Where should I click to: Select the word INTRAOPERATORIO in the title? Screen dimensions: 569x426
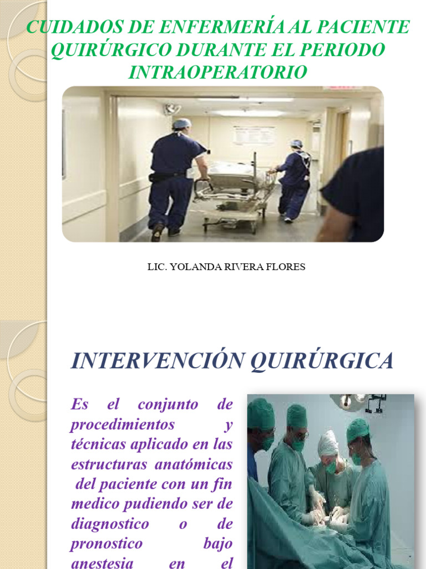point(217,72)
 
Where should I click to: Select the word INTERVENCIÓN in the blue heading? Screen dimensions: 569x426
point(158,361)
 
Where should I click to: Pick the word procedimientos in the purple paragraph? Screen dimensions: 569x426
point(122,424)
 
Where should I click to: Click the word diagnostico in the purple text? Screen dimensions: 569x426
point(110,523)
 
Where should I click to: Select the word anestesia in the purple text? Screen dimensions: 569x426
point(102,562)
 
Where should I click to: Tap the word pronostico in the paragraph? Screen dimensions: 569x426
point(106,543)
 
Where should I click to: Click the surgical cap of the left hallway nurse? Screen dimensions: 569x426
point(181,123)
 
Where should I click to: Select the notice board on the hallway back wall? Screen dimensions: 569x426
point(253,135)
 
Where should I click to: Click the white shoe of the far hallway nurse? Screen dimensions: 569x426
point(288,219)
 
